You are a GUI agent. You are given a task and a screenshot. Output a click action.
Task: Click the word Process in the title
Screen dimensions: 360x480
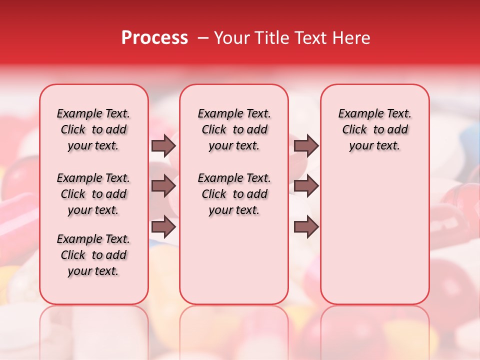(154, 38)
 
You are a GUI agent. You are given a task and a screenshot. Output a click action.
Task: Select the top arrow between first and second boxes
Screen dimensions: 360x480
(163, 146)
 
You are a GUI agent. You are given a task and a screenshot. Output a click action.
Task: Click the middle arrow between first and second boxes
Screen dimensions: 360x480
(163, 186)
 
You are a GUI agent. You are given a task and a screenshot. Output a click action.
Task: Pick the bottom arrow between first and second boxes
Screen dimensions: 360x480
(163, 227)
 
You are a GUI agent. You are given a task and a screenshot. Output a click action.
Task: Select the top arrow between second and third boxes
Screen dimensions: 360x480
(306, 146)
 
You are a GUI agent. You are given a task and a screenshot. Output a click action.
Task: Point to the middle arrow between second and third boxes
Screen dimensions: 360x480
(306, 186)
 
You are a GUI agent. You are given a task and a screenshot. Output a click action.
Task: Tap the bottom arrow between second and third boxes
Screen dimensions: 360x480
(306, 227)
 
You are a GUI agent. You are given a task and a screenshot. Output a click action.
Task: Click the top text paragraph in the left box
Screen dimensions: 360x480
(93, 130)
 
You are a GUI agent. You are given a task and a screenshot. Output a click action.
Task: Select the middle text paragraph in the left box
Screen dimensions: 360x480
(93, 194)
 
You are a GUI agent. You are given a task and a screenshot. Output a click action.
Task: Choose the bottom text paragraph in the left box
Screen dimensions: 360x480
(93, 255)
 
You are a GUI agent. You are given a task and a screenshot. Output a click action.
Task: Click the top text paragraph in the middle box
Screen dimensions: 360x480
(234, 130)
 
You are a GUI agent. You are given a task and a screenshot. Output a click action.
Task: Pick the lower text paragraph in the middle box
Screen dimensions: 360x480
(234, 194)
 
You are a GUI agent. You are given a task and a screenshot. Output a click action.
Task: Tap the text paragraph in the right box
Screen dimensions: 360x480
(374, 130)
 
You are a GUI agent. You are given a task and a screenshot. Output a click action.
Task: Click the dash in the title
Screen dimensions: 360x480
(203, 38)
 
